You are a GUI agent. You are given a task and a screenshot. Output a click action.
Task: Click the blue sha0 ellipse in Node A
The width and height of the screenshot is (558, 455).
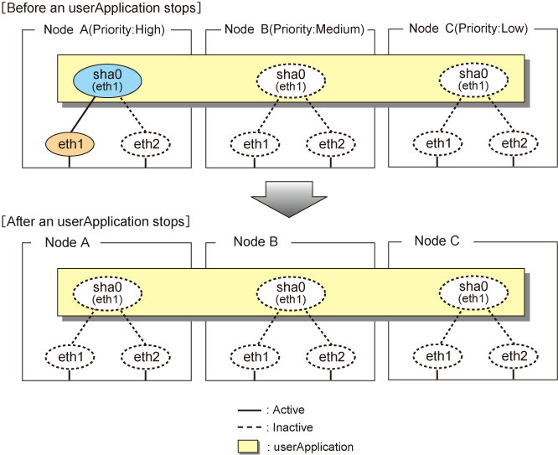point(107,80)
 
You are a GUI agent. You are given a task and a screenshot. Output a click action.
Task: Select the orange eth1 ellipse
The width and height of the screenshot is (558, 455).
point(70,144)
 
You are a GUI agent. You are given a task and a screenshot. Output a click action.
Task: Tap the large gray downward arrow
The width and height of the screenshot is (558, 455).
point(289,199)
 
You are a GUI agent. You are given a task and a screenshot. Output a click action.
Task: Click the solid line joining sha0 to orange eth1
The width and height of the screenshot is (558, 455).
point(83,114)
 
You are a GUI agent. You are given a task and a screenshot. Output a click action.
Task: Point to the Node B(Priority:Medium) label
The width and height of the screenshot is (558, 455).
point(295,29)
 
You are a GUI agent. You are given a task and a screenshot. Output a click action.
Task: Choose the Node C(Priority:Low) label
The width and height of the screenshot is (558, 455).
point(468,28)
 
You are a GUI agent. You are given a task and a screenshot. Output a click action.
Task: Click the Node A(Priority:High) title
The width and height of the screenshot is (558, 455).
point(104,29)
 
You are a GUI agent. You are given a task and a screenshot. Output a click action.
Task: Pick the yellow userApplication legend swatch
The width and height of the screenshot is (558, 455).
point(248,447)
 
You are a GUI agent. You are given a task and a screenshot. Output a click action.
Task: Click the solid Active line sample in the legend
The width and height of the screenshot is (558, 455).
point(249,411)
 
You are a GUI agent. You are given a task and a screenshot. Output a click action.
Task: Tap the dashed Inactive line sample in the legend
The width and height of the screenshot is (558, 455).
point(249,427)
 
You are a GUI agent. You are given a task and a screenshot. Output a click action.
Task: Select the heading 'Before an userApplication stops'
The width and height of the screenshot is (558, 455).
point(101,8)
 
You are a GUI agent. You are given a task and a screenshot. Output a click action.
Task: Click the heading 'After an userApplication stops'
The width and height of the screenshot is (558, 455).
point(96,221)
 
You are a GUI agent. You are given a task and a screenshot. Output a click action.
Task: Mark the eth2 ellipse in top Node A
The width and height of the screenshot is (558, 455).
point(146,144)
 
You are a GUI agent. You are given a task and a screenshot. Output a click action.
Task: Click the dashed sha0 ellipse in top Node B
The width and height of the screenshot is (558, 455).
point(291,80)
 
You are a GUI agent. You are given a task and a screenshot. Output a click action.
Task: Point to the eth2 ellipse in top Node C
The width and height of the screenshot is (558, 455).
point(514,143)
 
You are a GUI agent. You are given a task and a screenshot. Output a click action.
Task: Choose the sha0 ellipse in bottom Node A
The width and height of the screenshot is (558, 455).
point(107,293)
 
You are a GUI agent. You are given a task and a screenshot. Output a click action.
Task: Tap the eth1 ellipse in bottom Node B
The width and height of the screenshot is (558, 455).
point(255,357)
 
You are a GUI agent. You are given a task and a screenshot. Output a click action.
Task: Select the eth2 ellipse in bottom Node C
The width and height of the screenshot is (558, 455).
point(514,355)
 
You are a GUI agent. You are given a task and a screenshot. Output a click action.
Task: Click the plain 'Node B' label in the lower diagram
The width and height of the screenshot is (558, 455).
point(256,241)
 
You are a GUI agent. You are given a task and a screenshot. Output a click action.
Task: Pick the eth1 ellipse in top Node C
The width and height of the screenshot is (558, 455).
point(437,143)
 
